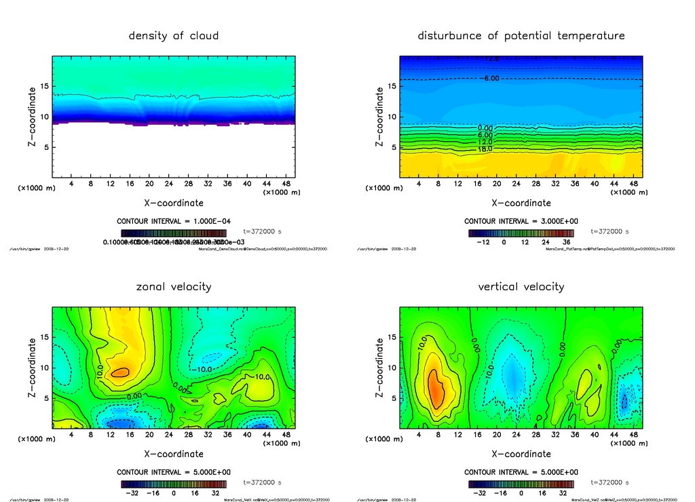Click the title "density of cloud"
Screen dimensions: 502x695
pos(174,35)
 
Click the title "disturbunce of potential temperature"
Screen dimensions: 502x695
pos(521,35)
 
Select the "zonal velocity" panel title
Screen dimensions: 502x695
pos(174,286)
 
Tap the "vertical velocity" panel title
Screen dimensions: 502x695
pos(521,286)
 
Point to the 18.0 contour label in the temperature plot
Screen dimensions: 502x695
pos(485,149)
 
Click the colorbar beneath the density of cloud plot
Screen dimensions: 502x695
pos(174,233)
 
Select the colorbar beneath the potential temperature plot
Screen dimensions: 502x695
pos(521,233)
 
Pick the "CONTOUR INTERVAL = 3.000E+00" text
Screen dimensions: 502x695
pos(521,221)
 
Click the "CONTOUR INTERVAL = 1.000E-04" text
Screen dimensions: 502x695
pos(174,221)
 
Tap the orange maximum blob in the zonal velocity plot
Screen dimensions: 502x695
pos(121,372)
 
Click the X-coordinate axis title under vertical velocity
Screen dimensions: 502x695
pos(521,453)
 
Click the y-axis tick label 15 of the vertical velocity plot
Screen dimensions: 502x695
pos(392,337)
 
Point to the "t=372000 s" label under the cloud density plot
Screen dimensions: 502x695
pos(262,231)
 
